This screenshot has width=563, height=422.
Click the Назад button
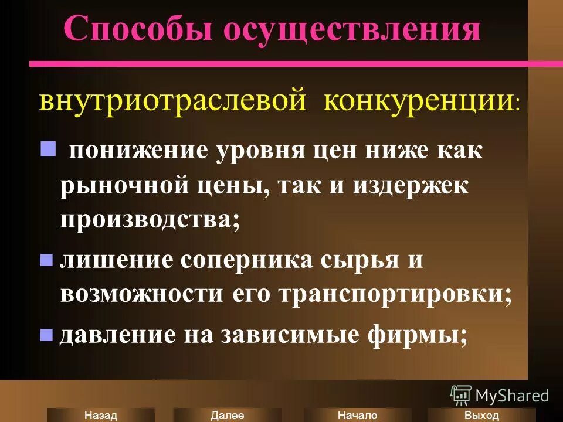[x=101, y=415]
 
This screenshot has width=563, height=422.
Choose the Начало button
[x=357, y=415]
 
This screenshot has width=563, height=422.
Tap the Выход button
[x=481, y=415]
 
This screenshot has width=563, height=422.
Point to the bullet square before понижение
[x=48, y=149]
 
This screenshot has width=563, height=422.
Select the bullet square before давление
[x=46, y=335]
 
